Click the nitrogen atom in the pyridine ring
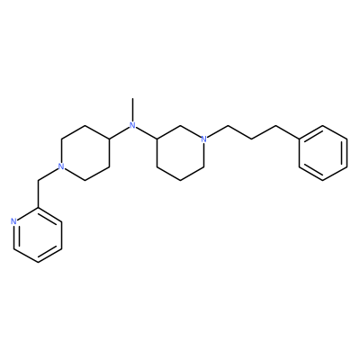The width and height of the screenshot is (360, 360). point(13,221)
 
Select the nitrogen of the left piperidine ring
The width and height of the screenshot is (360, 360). point(61,166)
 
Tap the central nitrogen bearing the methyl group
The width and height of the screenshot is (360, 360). point(132,125)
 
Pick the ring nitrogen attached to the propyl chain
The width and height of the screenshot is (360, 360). point(204,139)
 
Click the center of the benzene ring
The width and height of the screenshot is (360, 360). point(323,153)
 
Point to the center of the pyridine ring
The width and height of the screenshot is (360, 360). point(38,235)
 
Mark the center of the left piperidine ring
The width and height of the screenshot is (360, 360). point(85,153)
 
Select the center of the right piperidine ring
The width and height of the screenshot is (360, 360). point(180,153)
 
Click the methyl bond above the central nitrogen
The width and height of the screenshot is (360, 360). point(132,109)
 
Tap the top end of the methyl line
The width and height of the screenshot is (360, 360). point(132,98)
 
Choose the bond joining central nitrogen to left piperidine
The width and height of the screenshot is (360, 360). point(121,132)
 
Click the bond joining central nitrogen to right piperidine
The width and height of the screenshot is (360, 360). point(144,132)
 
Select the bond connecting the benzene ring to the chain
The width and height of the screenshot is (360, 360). point(287,132)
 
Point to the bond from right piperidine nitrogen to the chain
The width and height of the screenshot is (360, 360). point(218,131)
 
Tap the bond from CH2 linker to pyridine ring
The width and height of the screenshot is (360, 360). point(38,193)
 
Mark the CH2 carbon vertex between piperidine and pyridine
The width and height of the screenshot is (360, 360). point(38,180)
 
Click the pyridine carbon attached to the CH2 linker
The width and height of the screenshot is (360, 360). point(38,208)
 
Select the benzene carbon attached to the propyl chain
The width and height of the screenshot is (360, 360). point(300,139)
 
